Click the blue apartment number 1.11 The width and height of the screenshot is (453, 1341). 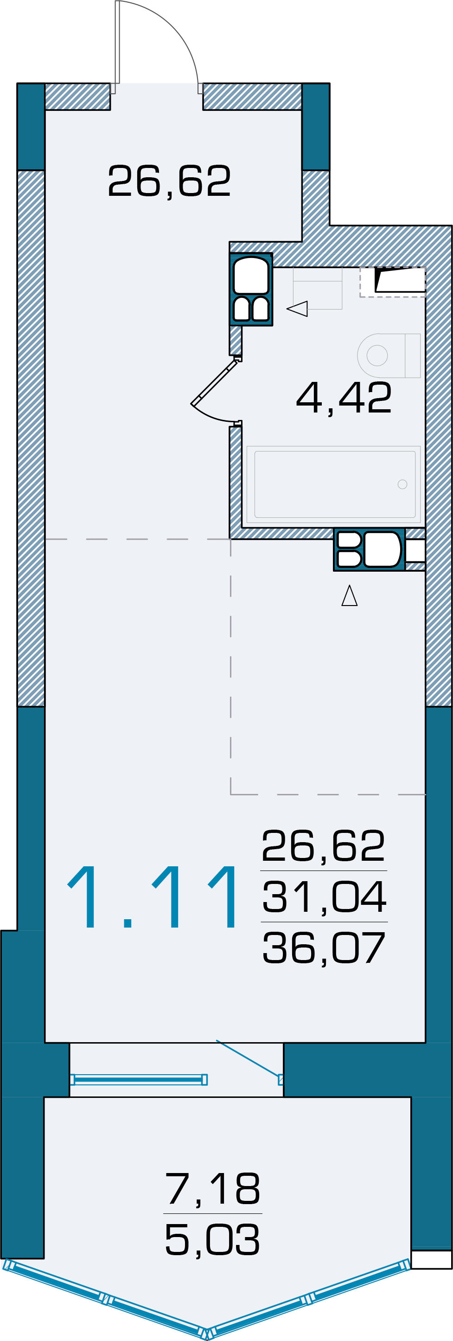pos(153,897)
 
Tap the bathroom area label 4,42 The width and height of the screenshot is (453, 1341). pos(344,398)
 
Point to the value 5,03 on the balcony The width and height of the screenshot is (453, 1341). pos(212,1239)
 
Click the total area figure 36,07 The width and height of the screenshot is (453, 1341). pos(324,948)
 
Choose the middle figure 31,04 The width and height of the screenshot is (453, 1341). pos(324,896)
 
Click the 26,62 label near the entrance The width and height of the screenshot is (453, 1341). pos(169,181)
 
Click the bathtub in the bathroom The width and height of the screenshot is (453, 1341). pos(333,484)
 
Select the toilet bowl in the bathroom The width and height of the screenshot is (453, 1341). pos(389,355)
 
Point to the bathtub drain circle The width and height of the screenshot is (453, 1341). pos(402,484)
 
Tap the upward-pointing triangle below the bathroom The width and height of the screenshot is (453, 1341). pos(350,595)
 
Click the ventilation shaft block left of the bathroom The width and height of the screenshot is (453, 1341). pos(251,290)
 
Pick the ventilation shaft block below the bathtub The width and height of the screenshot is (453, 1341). pos(369,549)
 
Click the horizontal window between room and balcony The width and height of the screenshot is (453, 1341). pos(139,1080)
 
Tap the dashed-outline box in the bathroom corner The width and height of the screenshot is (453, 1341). pos(393,282)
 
